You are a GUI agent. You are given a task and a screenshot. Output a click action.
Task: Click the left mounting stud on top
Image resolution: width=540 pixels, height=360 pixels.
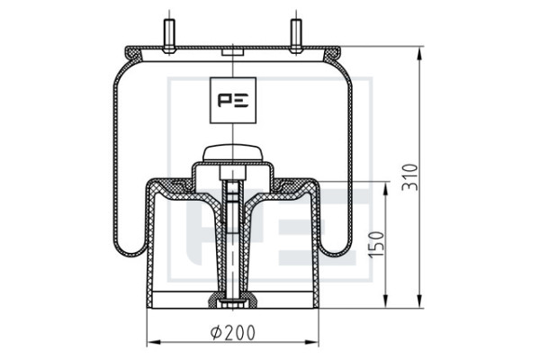coord(169,36)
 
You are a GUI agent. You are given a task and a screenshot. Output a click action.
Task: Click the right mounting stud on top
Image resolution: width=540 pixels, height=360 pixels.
coord(296,36)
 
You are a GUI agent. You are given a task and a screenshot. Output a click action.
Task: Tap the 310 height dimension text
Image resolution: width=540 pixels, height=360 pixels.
coord(410,177)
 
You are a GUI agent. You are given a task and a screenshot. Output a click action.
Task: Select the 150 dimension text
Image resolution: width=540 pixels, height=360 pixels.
coord(375,244)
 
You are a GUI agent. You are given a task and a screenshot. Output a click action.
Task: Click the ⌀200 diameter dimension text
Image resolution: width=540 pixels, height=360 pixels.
coord(233,332)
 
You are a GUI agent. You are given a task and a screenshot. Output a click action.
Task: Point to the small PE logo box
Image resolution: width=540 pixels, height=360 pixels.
coord(233,100)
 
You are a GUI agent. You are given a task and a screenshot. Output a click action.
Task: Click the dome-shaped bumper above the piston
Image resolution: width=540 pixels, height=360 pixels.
coord(233,153)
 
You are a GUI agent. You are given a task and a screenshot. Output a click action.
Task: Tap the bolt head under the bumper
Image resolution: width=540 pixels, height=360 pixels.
coord(233,173)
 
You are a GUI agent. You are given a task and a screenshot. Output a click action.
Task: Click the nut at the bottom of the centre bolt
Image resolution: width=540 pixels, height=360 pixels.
coord(233,304)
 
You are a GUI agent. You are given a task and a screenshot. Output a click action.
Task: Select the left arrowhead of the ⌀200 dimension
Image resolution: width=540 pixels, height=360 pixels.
coord(154,342)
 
